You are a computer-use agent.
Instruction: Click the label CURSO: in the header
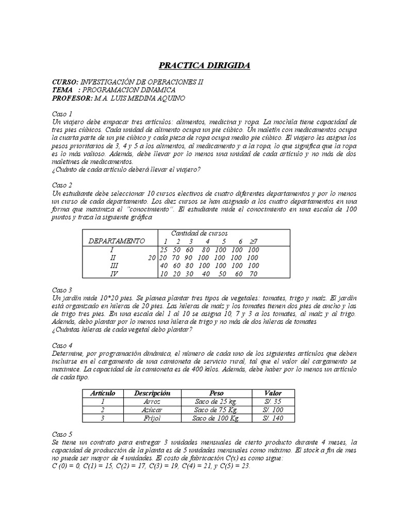point(65,82)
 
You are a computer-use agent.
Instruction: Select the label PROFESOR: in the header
point(72,98)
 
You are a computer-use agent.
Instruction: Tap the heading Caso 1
point(62,113)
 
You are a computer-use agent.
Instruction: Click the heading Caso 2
point(62,185)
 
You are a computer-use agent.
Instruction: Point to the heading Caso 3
point(62,290)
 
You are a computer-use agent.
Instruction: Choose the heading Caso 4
point(62,345)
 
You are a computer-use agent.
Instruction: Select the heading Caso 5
point(62,434)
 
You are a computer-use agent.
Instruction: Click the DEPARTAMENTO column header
point(117,241)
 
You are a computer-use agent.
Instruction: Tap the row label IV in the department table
point(114,274)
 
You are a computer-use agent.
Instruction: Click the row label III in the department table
point(114,266)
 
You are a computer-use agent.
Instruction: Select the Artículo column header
point(103,393)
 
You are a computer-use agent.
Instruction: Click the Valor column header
point(272,393)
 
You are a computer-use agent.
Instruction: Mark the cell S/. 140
point(272,418)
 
